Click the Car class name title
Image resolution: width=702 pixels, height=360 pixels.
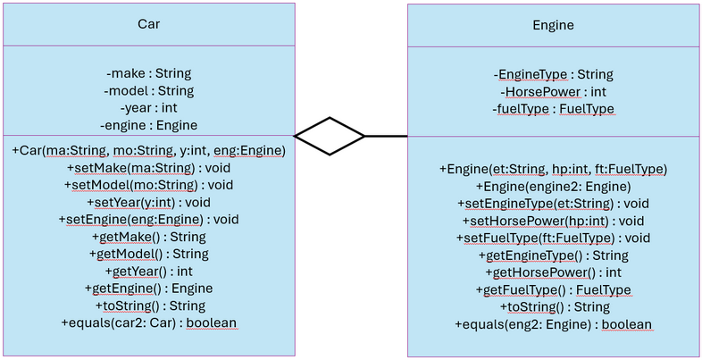coord(148,24)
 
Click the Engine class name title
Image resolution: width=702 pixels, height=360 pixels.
coord(553,25)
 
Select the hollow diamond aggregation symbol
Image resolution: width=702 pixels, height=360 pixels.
coord(330,136)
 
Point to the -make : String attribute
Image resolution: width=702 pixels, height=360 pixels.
coord(148,73)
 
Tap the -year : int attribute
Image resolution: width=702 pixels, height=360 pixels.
coord(148,108)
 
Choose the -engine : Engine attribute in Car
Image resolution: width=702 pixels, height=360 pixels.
coord(148,125)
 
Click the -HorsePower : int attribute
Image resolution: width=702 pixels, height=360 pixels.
coord(553,92)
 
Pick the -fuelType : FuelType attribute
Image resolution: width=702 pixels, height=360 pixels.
coord(553,109)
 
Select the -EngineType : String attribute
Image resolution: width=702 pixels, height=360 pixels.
coord(553,75)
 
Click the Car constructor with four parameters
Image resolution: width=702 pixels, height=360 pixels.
coord(148,151)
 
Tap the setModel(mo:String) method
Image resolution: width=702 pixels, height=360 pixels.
coord(148,185)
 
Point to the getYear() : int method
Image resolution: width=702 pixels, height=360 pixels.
coord(148,271)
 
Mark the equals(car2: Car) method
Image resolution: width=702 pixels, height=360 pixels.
coord(148,322)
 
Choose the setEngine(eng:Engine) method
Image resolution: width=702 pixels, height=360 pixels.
coord(148,219)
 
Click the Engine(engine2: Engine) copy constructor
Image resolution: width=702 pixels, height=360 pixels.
coord(553,186)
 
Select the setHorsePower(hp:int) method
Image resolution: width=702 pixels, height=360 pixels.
coord(553,221)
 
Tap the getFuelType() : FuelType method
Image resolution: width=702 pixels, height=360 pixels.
coord(553,289)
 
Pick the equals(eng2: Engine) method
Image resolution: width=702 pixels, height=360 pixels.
coord(553,324)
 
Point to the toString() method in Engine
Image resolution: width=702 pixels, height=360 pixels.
coord(553,307)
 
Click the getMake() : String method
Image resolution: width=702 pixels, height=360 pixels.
coord(148,237)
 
